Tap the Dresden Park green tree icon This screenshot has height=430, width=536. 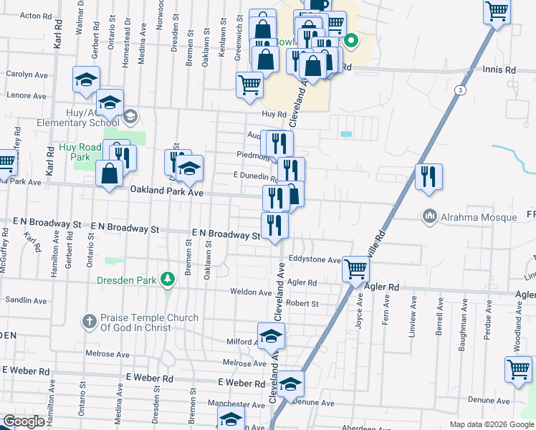tap(168, 279)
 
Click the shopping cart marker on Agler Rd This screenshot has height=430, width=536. tap(356, 269)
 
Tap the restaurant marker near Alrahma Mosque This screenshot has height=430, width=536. tap(429, 176)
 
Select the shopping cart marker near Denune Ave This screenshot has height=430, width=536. tap(518, 370)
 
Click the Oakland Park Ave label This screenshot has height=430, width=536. tap(167, 192)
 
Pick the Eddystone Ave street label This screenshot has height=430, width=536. tap(315, 259)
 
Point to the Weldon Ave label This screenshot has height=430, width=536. tap(248, 292)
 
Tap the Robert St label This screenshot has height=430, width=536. tap(302, 304)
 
